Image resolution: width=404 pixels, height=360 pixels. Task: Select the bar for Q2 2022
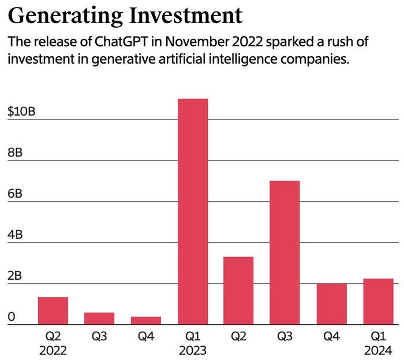click(x=53, y=311)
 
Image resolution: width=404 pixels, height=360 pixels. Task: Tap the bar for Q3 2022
click(x=99, y=318)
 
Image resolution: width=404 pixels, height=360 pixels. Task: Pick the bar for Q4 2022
click(x=146, y=321)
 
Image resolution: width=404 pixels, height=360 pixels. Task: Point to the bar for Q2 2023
click(x=239, y=291)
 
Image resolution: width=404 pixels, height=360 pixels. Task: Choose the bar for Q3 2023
click(x=285, y=253)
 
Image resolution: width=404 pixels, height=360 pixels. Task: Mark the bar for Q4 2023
click(x=332, y=304)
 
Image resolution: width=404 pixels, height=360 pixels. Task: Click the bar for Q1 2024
click(x=378, y=302)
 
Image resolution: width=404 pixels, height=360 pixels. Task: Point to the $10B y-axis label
click(x=22, y=112)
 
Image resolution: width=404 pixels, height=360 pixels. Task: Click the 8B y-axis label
click(x=15, y=153)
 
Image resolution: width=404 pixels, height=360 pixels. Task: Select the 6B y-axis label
click(x=15, y=194)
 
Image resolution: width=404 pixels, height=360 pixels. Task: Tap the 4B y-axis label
click(x=15, y=235)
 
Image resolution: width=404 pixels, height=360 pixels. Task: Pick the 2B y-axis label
click(x=15, y=276)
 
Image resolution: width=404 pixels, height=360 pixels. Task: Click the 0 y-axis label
click(x=11, y=317)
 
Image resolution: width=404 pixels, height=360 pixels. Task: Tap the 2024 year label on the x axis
click(x=378, y=350)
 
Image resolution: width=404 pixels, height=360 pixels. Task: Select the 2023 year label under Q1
click(x=193, y=350)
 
